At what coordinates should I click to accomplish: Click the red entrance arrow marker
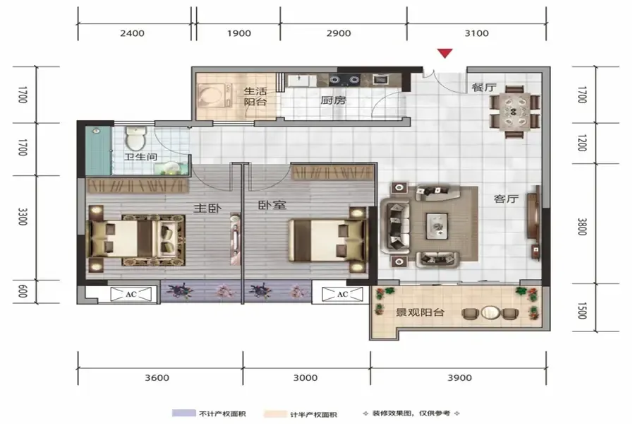tap(445, 53)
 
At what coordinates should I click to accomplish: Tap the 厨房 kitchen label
tap(333, 100)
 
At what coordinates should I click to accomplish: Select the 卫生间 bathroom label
tap(140, 157)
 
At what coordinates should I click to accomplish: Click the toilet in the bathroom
tap(135, 138)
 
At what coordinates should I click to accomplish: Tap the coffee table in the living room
tap(437, 226)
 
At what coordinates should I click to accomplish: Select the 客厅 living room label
tap(506, 199)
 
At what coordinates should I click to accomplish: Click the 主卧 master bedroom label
tap(207, 208)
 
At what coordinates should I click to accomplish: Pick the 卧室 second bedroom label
tap(272, 206)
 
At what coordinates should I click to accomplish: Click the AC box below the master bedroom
tap(131, 294)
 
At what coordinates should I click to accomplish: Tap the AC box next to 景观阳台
tap(342, 294)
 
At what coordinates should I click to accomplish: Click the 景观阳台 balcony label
tap(420, 312)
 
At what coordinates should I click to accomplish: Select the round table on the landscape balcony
tap(490, 312)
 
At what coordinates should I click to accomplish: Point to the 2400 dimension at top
tap(133, 33)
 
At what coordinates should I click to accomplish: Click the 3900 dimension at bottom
tap(459, 378)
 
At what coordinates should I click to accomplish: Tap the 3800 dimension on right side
tap(582, 226)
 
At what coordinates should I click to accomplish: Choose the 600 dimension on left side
tap(23, 290)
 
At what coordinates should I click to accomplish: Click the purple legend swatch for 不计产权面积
tap(184, 413)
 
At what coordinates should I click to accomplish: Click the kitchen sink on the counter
tap(302, 80)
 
